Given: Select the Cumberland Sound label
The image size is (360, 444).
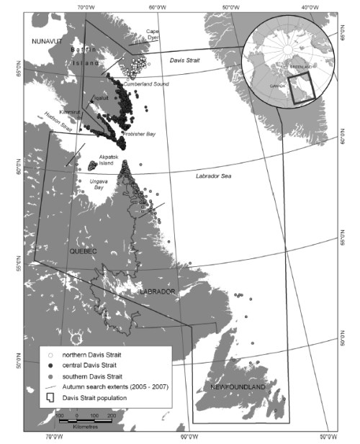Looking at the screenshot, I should tap(148, 84).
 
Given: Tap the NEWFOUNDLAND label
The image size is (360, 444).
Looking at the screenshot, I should tap(238, 387).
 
